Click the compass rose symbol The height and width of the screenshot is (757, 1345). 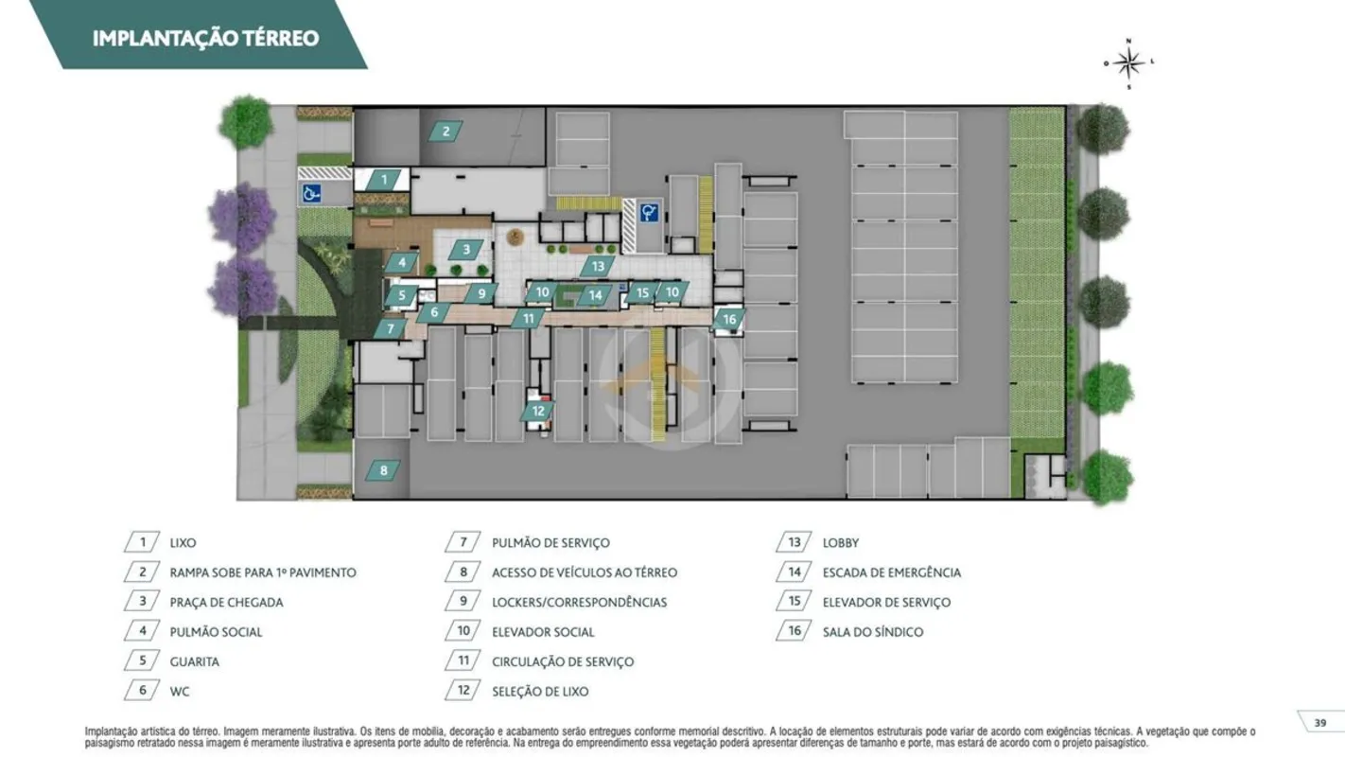pyautogui.click(x=1128, y=63)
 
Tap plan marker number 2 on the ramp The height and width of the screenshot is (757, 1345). pyautogui.click(x=445, y=132)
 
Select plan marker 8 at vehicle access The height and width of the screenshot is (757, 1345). pyautogui.click(x=383, y=470)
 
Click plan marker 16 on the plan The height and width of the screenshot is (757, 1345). pyautogui.click(x=729, y=319)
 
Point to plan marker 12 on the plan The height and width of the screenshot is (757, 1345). pyautogui.click(x=537, y=411)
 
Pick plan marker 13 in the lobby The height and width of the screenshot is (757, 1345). pyautogui.click(x=598, y=266)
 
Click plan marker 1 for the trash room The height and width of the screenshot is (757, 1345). pyautogui.click(x=384, y=179)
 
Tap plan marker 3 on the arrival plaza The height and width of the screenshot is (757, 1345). pyautogui.click(x=466, y=249)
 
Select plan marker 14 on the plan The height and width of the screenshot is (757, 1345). pyautogui.click(x=595, y=295)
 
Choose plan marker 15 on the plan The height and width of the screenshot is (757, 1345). pyautogui.click(x=642, y=292)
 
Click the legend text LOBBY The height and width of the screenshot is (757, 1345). pyautogui.click(x=841, y=542)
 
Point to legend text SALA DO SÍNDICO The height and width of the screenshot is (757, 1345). pyautogui.click(x=873, y=632)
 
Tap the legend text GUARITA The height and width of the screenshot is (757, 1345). pyautogui.click(x=195, y=662)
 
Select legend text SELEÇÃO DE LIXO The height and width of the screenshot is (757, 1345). pyautogui.click(x=540, y=692)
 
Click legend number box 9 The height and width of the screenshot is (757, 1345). pyautogui.click(x=463, y=602)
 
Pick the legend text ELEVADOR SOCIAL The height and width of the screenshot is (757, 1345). pyautogui.click(x=543, y=632)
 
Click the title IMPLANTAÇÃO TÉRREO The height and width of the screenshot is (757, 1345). pyautogui.click(x=205, y=38)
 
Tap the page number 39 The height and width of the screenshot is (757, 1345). pyautogui.click(x=1320, y=723)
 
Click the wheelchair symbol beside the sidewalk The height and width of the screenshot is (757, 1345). pyautogui.click(x=311, y=193)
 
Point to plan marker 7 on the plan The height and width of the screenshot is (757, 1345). pyautogui.click(x=391, y=328)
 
